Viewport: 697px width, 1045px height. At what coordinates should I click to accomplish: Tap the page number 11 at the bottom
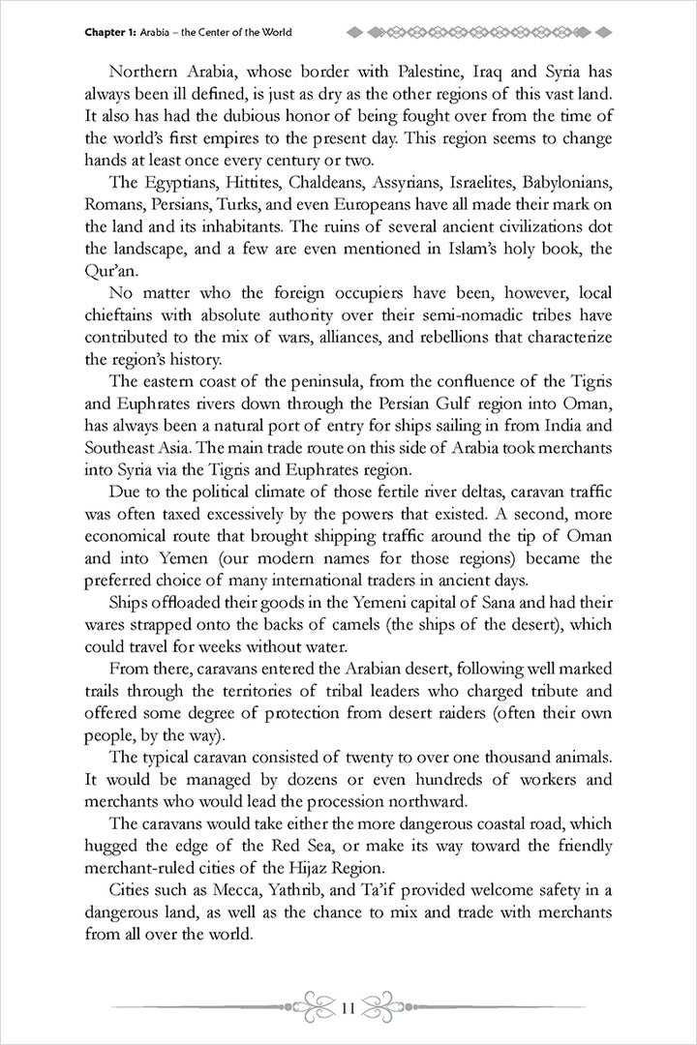coord(348,1009)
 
